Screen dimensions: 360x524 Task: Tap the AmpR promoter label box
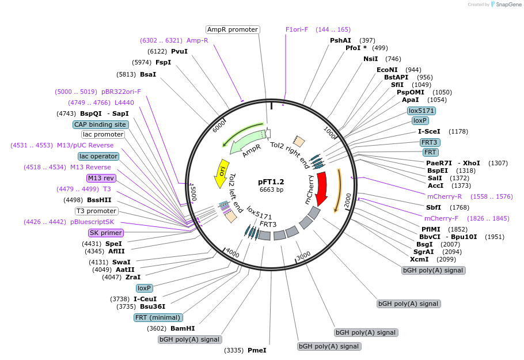[x=233, y=29]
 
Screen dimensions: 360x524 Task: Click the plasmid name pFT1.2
[x=271, y=181]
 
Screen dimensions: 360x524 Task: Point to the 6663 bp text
[x=271, y=190]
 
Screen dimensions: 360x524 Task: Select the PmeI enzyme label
[x=257, y=350]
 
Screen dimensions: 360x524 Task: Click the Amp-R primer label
[x=197, y=40]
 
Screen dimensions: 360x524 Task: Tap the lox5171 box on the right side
[x=422, y=111]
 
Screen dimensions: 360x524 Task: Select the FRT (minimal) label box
[x=158, y=317]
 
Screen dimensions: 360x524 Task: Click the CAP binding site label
[x=100, y=124]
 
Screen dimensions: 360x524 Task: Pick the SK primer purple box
[x=105, y=233]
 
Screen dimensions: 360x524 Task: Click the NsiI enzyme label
[x=371, y=59]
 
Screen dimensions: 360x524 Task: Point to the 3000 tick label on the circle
[x=304, y=256]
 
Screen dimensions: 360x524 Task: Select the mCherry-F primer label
[x=441, y=218]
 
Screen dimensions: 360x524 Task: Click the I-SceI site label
[x=429, y=131]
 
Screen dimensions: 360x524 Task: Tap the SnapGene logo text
[x=509, y=4]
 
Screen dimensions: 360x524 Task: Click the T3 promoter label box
[x=96, y=211]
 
